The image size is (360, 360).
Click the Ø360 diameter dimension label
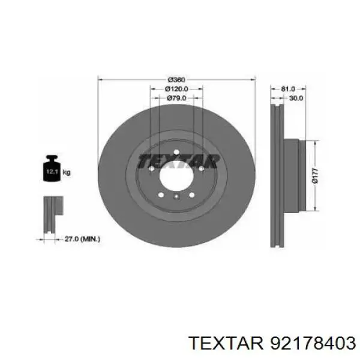click(176, 80)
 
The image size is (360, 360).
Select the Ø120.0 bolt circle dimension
click(176, 89)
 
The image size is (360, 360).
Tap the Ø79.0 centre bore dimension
click(176, 98)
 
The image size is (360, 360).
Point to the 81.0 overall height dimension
click(288, 89)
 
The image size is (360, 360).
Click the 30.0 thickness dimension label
click(296, 98)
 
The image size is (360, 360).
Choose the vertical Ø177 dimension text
click(315, 176)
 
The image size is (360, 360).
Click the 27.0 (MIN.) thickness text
click(82, 239)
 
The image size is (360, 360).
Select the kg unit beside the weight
click(67, 172)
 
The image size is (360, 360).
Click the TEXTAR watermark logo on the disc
click(179, 161)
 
